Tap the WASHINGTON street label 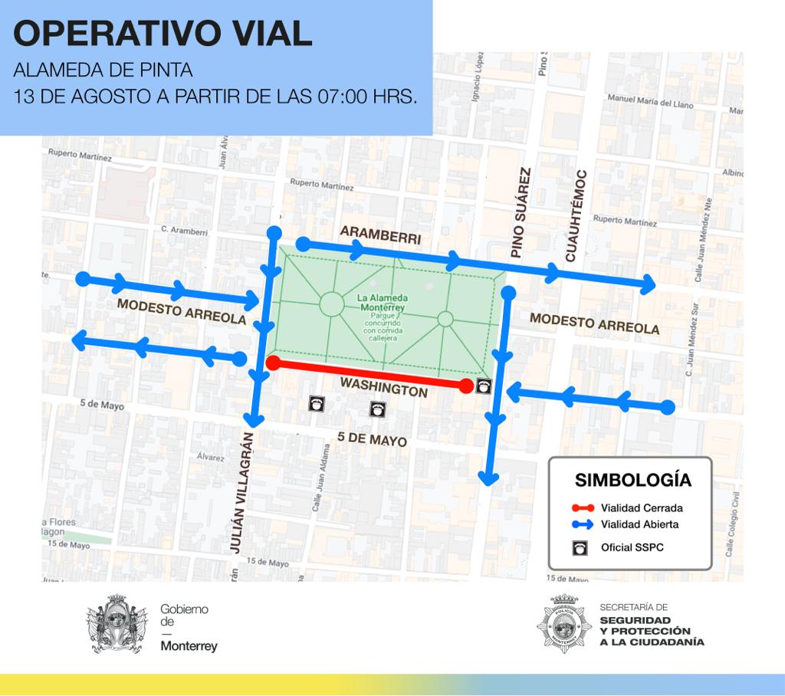click(x=383, y=386)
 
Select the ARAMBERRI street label click(x=380, y=235)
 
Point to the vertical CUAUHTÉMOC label click(x=574, y=216)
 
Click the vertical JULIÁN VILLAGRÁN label click(x=240, y=491)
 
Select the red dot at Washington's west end click(x=273, y=363)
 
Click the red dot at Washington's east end click(x=466, y=386)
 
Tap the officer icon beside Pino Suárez click(x=484, y=386)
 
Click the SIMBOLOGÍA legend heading click(x=633, y=481)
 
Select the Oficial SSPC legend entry click(x=629, y=547)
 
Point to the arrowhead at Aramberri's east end click(x=649, y=284)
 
